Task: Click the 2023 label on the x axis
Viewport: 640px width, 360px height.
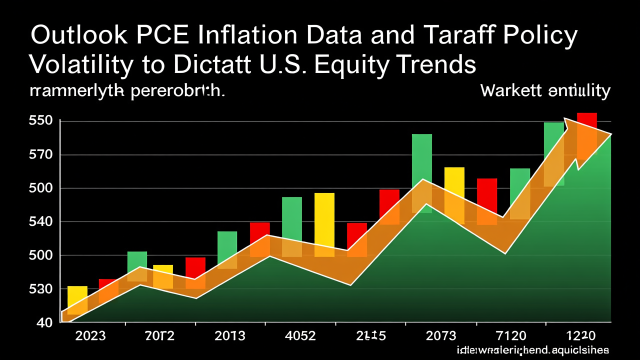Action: click(x=90, y=335)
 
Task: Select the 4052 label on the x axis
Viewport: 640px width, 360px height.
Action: click(x=300, y=335)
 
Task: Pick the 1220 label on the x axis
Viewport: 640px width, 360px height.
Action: click(x=580, y=335)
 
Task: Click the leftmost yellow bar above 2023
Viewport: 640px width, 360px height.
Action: click(x=77, y=298)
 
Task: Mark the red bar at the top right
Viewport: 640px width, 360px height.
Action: click(x=587, y=120)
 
